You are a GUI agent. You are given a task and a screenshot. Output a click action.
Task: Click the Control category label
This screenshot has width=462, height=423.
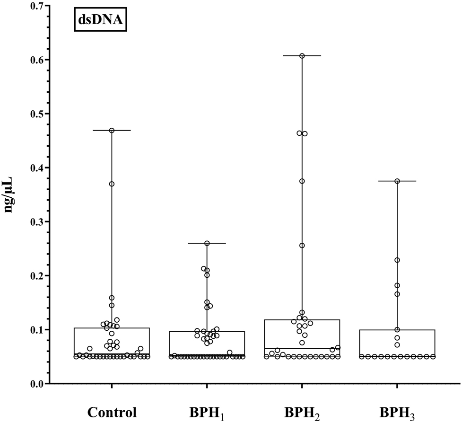point(112,412)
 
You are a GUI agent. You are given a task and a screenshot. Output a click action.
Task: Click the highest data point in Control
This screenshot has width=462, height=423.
point(112,130)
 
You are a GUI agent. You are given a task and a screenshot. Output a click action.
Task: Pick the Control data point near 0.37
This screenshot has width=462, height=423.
point(112,184)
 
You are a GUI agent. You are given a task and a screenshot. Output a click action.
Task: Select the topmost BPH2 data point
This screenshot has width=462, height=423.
point(302,56)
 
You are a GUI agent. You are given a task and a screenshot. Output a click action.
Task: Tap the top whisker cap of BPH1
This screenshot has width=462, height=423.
point(207,243)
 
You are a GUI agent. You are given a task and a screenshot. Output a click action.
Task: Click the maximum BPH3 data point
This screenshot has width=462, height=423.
point(397,181)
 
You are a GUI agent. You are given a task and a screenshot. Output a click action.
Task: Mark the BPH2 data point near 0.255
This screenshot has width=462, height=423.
point(302,246)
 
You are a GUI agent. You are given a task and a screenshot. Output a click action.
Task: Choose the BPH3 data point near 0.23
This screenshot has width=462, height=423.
point(397,260)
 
